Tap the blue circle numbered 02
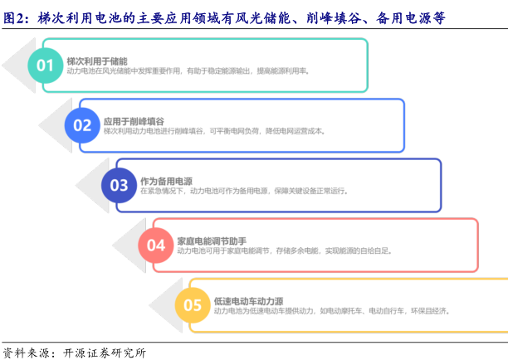pos(82,125)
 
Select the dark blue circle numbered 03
pos(119,185)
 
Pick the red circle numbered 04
pos(156,246)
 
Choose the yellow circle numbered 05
pos(193,305)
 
